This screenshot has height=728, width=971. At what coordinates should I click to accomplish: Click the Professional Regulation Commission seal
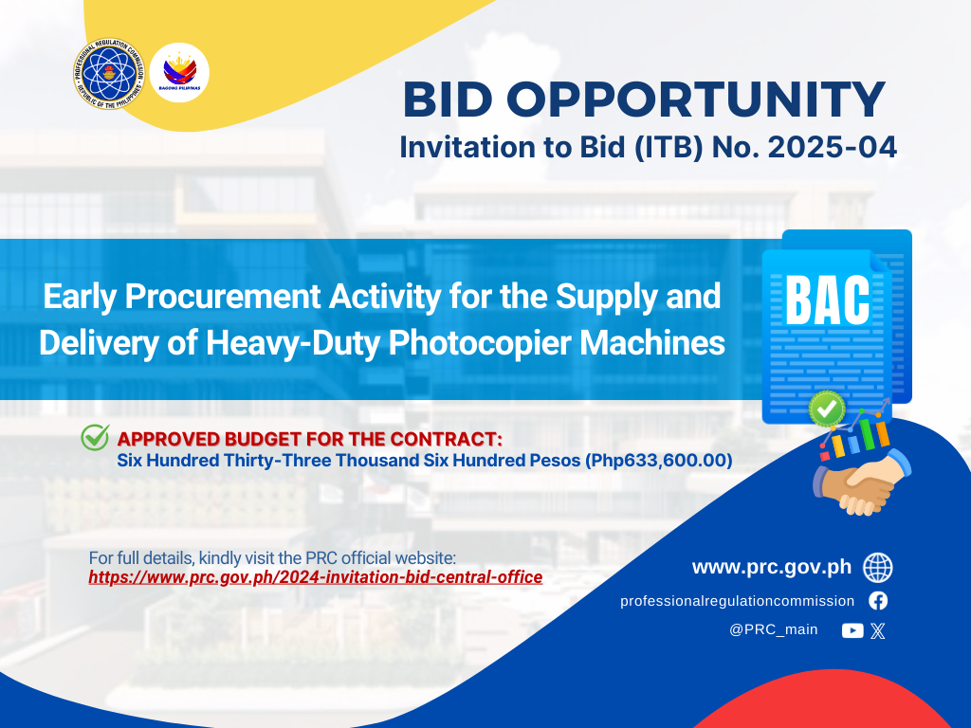tap(109, 74)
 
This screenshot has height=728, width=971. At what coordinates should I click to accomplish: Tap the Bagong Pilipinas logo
tap(179, 72)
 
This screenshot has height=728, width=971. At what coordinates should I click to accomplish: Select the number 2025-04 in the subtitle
tap(833, 147)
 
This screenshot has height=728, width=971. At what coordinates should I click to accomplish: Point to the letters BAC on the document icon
tap(827, 300)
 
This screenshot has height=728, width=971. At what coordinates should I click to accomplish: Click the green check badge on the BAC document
tap(827, 409)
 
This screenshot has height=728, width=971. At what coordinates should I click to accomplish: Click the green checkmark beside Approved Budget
tap(96, 437)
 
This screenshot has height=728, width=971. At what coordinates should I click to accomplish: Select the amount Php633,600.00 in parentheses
tap(659, 461)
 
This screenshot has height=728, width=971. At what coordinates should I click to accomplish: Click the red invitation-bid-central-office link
tap(315, 577)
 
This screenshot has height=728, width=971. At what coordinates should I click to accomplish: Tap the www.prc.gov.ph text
tap(772, 567)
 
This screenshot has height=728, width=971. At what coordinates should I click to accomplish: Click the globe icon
tap(878, 568)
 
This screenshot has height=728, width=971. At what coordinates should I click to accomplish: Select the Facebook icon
tap(878, 600)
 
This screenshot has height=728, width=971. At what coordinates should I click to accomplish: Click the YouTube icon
tap(852, 630)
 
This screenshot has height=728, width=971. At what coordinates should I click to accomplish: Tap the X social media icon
tap(877, 630)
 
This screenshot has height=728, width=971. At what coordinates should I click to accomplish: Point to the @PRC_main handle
tap(774, 629)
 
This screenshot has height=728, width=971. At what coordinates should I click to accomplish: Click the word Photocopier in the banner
tap(479, 343)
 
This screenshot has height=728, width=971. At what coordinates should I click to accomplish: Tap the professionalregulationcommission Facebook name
tap(737, 601)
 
